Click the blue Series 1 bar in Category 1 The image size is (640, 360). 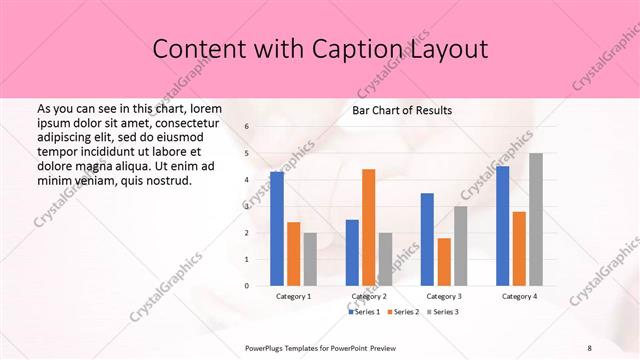tap(276, 229)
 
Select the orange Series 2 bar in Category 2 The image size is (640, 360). tap(368, 227)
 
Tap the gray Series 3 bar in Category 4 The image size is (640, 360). tap(536, 219)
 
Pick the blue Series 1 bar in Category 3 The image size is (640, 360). tap(427, 239)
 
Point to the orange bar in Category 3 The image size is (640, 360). tap(444, 261)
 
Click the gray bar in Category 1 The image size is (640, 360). tap(310, 259)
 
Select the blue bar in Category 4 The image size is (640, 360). tap(502, 226)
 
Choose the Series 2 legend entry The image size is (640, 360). tap(404, 312)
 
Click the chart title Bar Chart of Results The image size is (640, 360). tap(402, 110)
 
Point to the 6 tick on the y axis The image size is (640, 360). tap(246, 127)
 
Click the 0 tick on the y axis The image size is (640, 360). tap(246, 286)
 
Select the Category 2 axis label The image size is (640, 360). tap(368, 297)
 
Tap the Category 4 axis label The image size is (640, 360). tap(518, 297)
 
